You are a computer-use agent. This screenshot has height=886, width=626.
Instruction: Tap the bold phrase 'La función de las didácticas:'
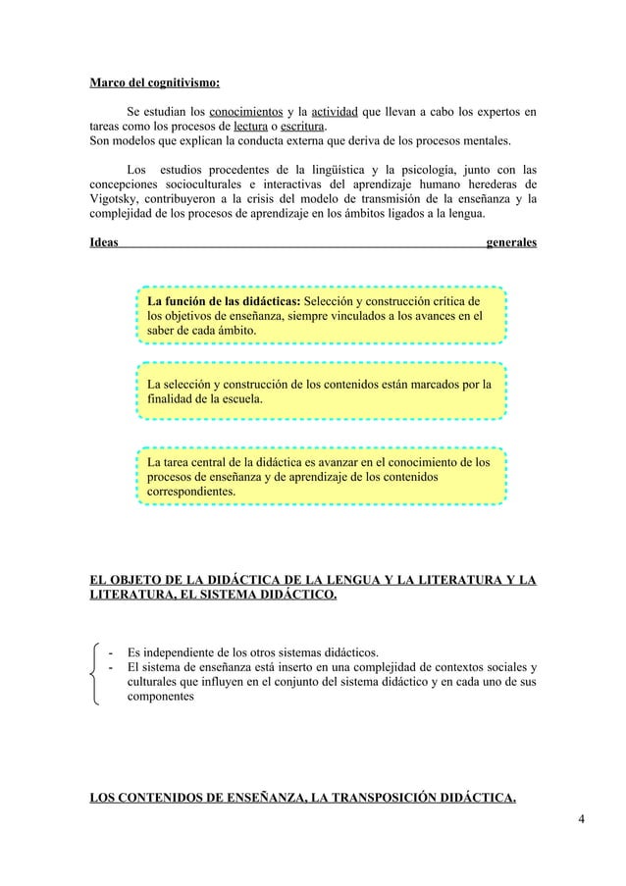coord(225,300)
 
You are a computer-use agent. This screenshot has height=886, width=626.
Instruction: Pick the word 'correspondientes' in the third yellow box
coord(190,490)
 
